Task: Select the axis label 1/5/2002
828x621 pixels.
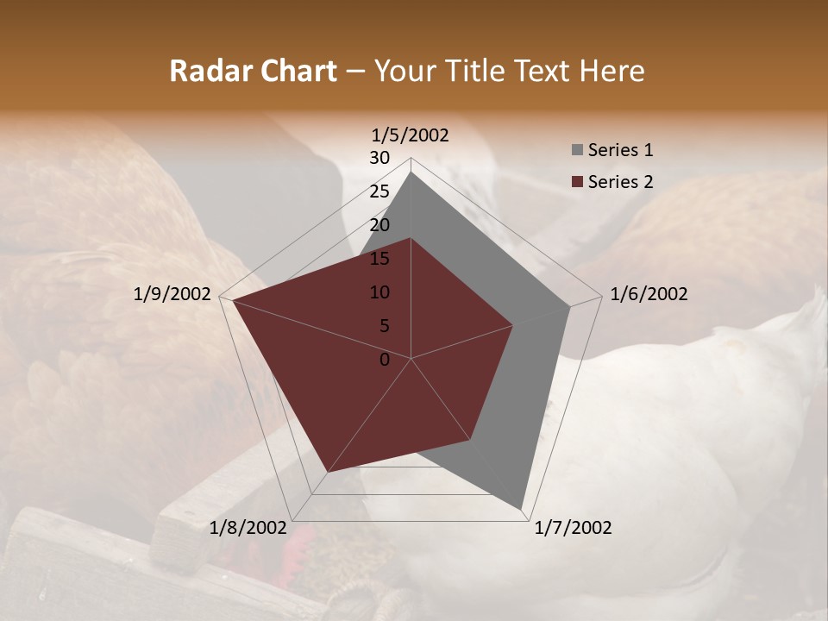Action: (x=411, y=135)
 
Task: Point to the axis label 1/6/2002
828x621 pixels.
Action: (x=649, y=294)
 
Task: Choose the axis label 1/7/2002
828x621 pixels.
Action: (x=573, y=528)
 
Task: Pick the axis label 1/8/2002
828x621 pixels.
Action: (x=248, y=528)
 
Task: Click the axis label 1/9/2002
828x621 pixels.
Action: (x=172, y=294)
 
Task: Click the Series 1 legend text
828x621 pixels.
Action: (x=620, y=150)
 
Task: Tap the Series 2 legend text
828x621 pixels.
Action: (x=620, y=182)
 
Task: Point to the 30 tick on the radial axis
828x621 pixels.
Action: (x=379, y=158)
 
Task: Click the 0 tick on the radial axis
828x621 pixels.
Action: (x=385, y=360)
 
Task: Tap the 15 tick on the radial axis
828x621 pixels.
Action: (x=379, y=259)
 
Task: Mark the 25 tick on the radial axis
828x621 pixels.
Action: (x=379, y=191)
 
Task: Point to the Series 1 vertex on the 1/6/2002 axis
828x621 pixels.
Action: (x=570, y=306)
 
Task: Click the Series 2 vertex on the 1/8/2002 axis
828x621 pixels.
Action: (x=327, y=472)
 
